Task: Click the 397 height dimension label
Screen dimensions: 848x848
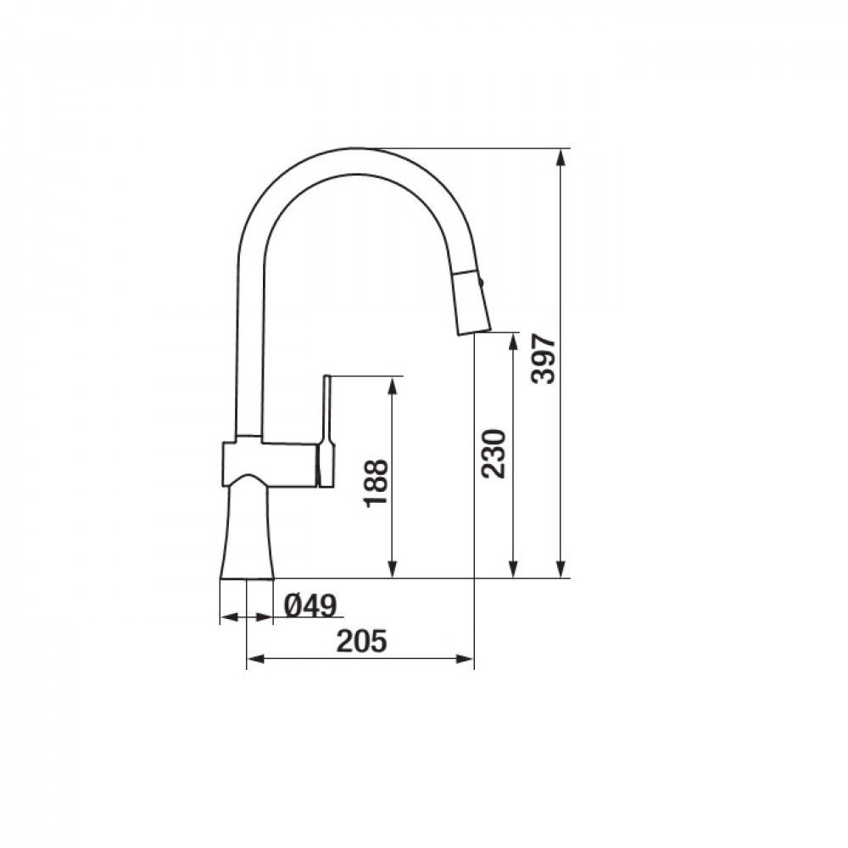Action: (543, 359)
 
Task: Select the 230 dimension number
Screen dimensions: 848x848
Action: (494, 454)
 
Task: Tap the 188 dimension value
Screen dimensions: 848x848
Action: (376, 483)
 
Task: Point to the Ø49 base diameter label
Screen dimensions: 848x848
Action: (310, 605)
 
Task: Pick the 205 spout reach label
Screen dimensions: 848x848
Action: (362, 641)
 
